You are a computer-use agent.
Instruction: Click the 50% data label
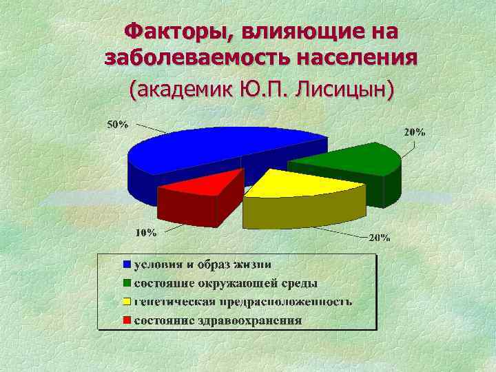point(117,125)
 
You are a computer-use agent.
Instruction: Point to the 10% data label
point(145,232)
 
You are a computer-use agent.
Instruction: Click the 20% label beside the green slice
point(414,132)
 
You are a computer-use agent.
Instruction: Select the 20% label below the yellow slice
point(380,238)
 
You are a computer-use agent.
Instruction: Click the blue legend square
point(127,265)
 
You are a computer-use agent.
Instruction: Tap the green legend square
point(127,283)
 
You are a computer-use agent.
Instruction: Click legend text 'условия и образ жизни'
point(202,265)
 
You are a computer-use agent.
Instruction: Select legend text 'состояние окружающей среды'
point(225,283)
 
